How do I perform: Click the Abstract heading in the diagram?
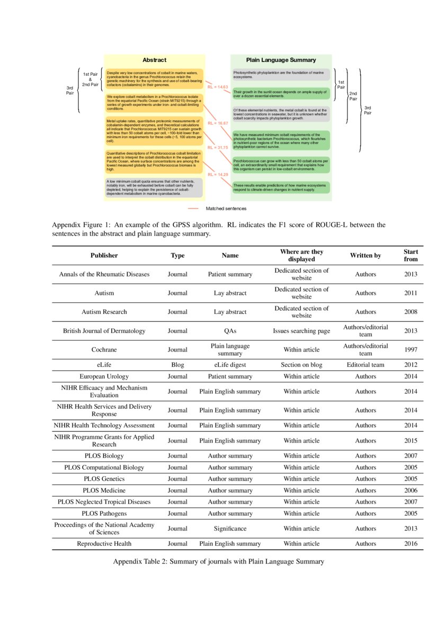154,60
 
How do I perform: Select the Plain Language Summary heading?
281,60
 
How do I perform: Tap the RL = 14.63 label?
218,87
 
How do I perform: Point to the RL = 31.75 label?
218,148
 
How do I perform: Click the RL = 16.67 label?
218,123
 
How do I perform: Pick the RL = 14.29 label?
218,174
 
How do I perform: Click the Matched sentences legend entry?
226,209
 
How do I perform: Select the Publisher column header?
104,255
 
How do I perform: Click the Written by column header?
365,255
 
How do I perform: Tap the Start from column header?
410,255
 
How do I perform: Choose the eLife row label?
104,365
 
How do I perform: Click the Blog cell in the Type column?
177,365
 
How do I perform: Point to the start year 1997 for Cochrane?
410,349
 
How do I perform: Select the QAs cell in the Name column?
230,331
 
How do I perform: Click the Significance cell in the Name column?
230,528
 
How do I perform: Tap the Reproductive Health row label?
104,543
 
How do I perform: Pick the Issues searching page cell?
301,331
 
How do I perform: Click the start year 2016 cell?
410,543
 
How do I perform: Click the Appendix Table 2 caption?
219,562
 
